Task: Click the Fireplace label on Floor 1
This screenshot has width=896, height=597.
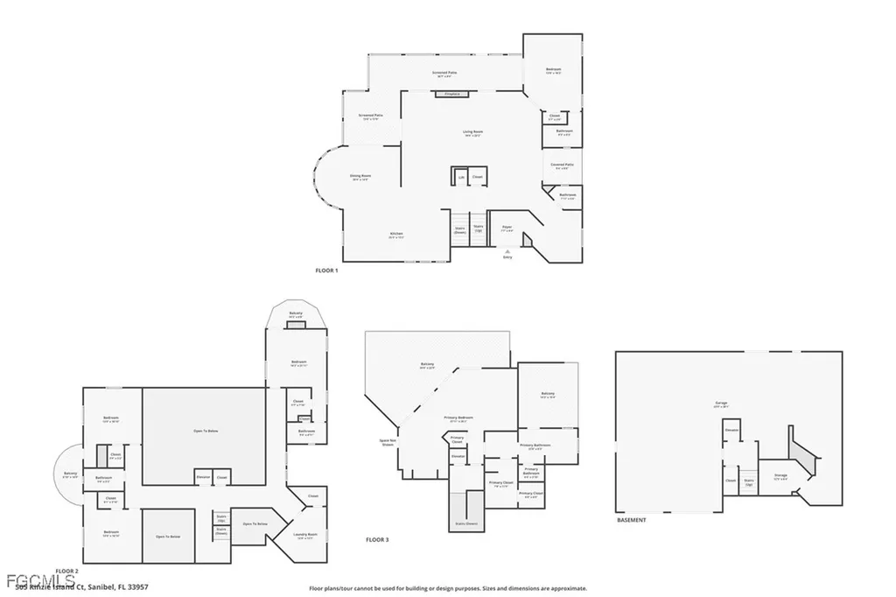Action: coord(451,93)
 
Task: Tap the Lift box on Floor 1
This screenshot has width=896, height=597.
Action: coord(461,176)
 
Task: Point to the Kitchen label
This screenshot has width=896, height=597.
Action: coord(396,235)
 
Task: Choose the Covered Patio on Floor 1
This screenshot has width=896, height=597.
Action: coord(562,165)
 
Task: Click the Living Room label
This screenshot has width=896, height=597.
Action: coord(473,133)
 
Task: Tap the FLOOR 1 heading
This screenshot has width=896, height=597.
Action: coord(326,270)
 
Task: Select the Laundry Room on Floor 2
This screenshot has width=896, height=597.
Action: coord(305,536)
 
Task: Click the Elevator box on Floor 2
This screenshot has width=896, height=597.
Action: coord(203,477)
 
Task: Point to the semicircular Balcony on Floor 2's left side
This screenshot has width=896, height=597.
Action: coord(70,475)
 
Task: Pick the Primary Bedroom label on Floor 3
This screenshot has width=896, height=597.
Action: coord(460,418)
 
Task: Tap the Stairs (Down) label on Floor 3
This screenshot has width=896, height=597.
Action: coord(465,523)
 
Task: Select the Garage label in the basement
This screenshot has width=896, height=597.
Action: coord(720,404)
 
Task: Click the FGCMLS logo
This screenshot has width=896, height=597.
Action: coord(25,581)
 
